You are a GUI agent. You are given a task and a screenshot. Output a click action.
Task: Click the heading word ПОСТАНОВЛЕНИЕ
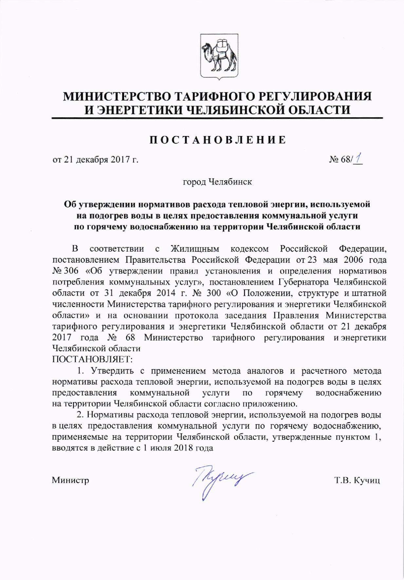(x=217, y=140)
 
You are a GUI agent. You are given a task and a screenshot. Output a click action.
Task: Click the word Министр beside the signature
(x=70, y=481)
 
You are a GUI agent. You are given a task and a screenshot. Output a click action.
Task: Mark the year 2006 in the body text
(x=358, y=260)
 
